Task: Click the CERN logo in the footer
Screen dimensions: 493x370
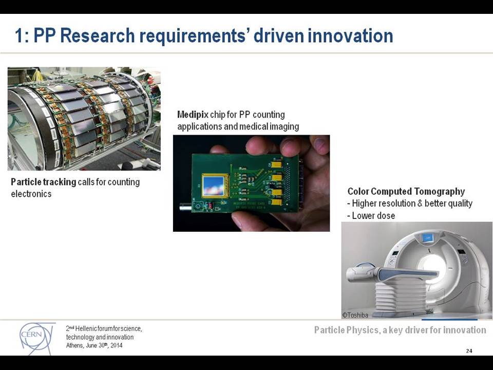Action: (37, 338)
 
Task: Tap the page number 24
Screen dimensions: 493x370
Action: (469, 351)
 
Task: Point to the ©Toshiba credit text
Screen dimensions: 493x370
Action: (355, 315)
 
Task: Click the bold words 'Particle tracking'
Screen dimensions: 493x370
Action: (43, 182)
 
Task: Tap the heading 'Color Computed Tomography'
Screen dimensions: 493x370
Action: (406, 191)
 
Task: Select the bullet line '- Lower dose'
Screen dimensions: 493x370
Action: (371, 215)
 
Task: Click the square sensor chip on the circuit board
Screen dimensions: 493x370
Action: (214, 186)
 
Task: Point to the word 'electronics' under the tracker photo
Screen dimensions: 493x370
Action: (31, 194)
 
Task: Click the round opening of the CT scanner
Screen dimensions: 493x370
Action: (434, 263)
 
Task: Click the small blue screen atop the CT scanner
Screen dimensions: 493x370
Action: (427, 237)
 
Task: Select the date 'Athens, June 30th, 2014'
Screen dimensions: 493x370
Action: (94, 345)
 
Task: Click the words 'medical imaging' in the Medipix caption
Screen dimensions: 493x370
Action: (269, 126)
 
